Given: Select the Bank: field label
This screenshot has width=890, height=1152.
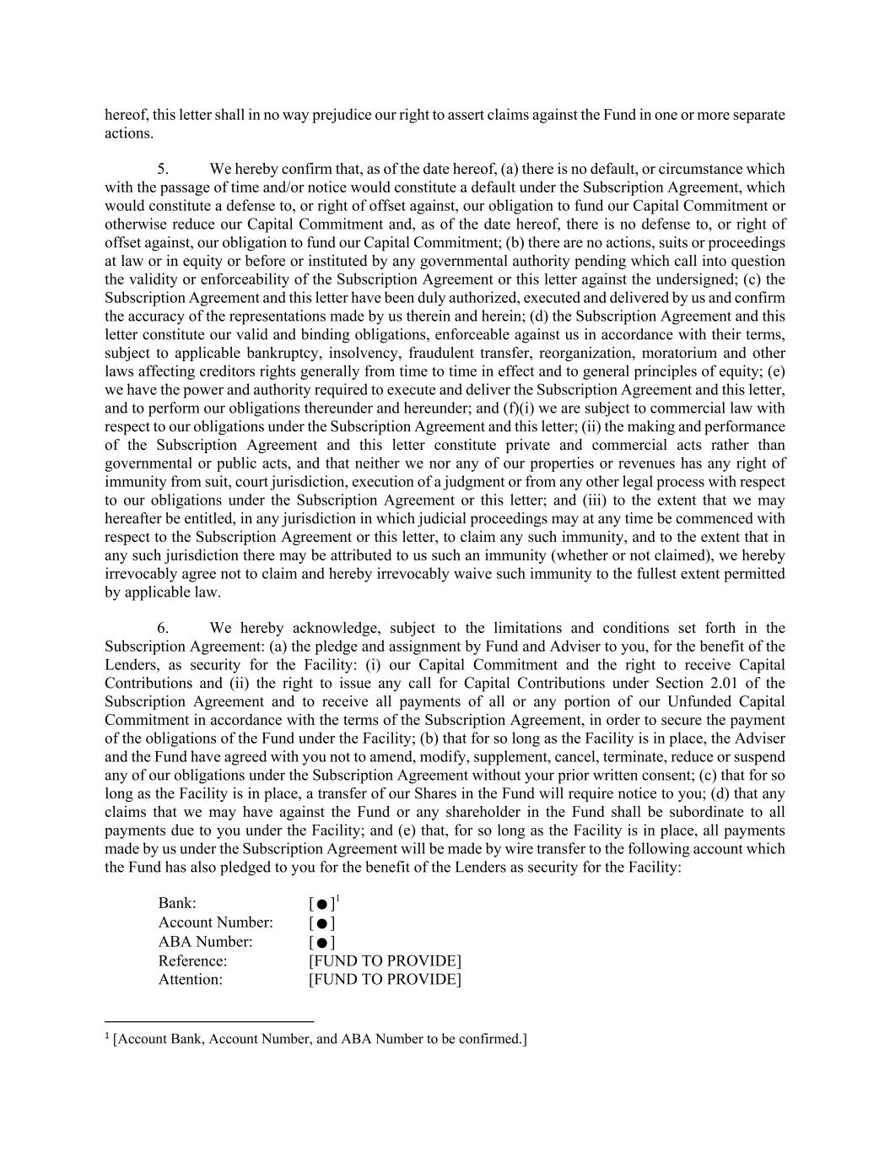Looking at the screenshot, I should (177, 903).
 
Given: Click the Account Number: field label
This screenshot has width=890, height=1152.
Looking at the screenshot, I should (215, 922).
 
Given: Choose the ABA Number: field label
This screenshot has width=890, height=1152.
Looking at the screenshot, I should (205, 942).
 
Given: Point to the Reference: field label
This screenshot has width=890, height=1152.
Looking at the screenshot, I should (192, 960).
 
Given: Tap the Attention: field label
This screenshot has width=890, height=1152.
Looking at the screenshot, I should (191, 979).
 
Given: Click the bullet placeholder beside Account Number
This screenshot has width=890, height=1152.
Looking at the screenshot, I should (321, 923).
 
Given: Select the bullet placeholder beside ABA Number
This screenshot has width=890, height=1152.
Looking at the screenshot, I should (321, 943).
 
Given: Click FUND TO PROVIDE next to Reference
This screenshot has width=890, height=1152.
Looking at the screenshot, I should (385, 960).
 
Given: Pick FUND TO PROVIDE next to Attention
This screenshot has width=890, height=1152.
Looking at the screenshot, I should (385, 979).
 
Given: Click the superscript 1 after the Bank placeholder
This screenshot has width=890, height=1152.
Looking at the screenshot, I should (337, 900).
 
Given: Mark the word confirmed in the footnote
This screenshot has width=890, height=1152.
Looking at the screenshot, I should (489, 1039).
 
